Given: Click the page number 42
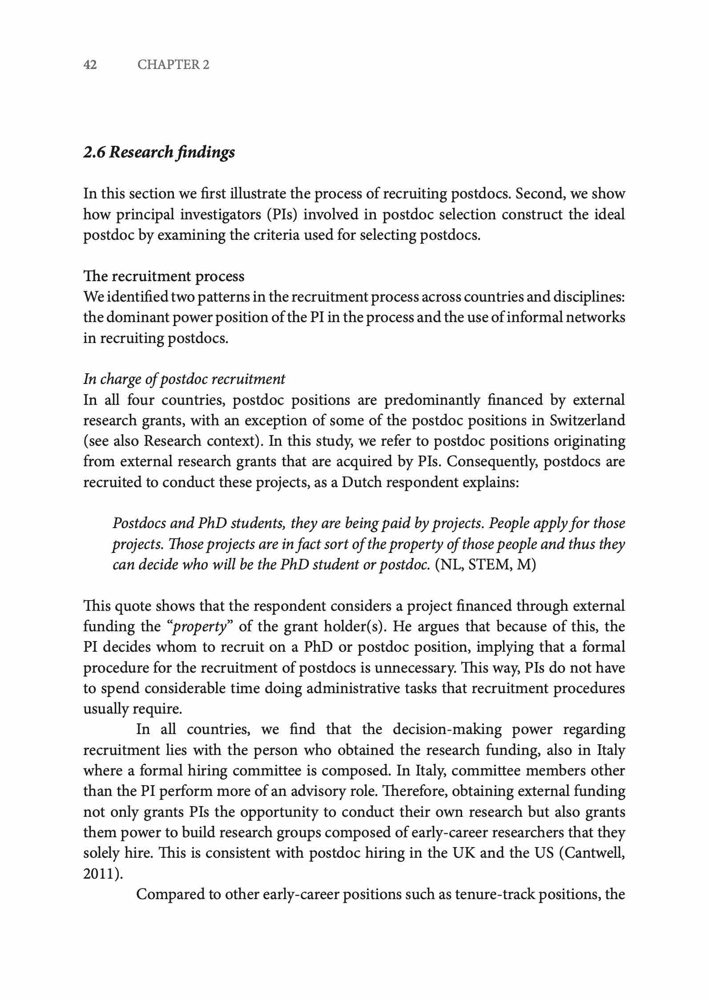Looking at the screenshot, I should click(90, 65).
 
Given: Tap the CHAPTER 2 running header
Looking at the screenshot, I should click(173, 65).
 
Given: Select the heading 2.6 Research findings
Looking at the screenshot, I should click(159, 153).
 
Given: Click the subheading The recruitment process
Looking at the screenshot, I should click(164, 276).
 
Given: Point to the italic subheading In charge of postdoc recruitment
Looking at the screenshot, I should click(184, 379).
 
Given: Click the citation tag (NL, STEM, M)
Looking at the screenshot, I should click(485, 565).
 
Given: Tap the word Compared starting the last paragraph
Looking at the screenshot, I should click(170, 895).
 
